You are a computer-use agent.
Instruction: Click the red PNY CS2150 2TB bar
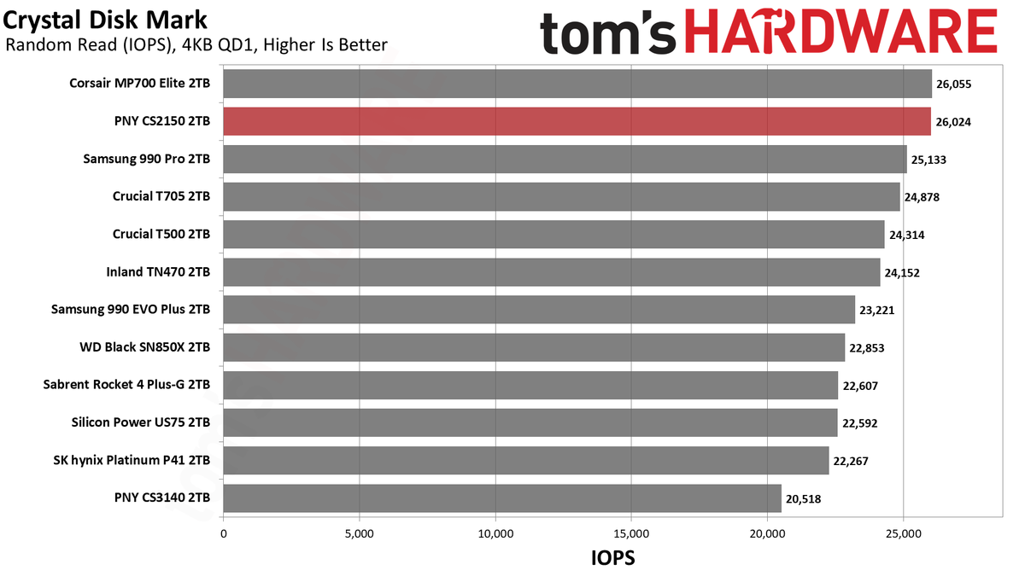pos(577,121)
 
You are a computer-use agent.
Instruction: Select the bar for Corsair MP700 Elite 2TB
pos(577,84)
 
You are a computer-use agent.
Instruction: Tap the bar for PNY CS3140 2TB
pos(502,498)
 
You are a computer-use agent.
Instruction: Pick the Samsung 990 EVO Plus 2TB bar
pos(539,310)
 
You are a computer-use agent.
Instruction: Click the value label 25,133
pos(929,160)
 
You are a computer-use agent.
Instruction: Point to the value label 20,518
pos(804,498)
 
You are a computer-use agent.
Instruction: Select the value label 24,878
pos(922,197)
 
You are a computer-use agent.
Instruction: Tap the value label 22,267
pos(851,461)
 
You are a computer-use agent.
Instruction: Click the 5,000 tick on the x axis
pos(360,533)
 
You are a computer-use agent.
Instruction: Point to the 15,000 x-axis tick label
pos(631,533)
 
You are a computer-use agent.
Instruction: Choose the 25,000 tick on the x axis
pos(904,533)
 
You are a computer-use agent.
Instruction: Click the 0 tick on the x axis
pos(223,533)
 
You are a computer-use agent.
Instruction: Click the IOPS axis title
pos(613,558)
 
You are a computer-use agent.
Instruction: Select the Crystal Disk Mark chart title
pos(105,20)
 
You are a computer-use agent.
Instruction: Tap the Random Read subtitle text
pos(196,44)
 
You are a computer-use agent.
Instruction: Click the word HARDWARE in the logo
pos(841,32)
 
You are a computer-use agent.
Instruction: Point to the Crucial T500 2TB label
pos(161,234)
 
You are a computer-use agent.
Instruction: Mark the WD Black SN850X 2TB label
pos(145,347)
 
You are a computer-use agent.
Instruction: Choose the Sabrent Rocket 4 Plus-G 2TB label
pos(126,385)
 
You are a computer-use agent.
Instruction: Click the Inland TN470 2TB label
pos(158,272)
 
